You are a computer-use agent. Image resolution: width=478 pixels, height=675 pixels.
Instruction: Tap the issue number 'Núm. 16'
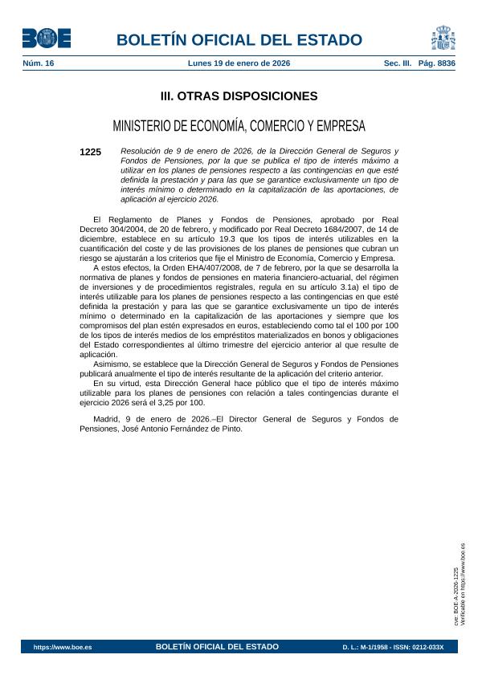[39, 63]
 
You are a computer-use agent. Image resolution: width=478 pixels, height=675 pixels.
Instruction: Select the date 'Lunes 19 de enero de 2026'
[239, 63]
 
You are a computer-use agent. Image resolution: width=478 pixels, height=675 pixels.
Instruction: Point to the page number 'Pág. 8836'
[437, 63]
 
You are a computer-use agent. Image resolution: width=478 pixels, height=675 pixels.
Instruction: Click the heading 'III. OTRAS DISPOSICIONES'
[239, 96]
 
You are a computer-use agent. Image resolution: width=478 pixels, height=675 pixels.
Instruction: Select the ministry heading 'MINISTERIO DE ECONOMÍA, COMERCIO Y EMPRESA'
[239, 126]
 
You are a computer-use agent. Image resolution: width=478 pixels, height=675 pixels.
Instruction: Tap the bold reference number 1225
[91, 152]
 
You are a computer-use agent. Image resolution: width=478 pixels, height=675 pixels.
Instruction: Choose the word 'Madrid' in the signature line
[108, 418]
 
